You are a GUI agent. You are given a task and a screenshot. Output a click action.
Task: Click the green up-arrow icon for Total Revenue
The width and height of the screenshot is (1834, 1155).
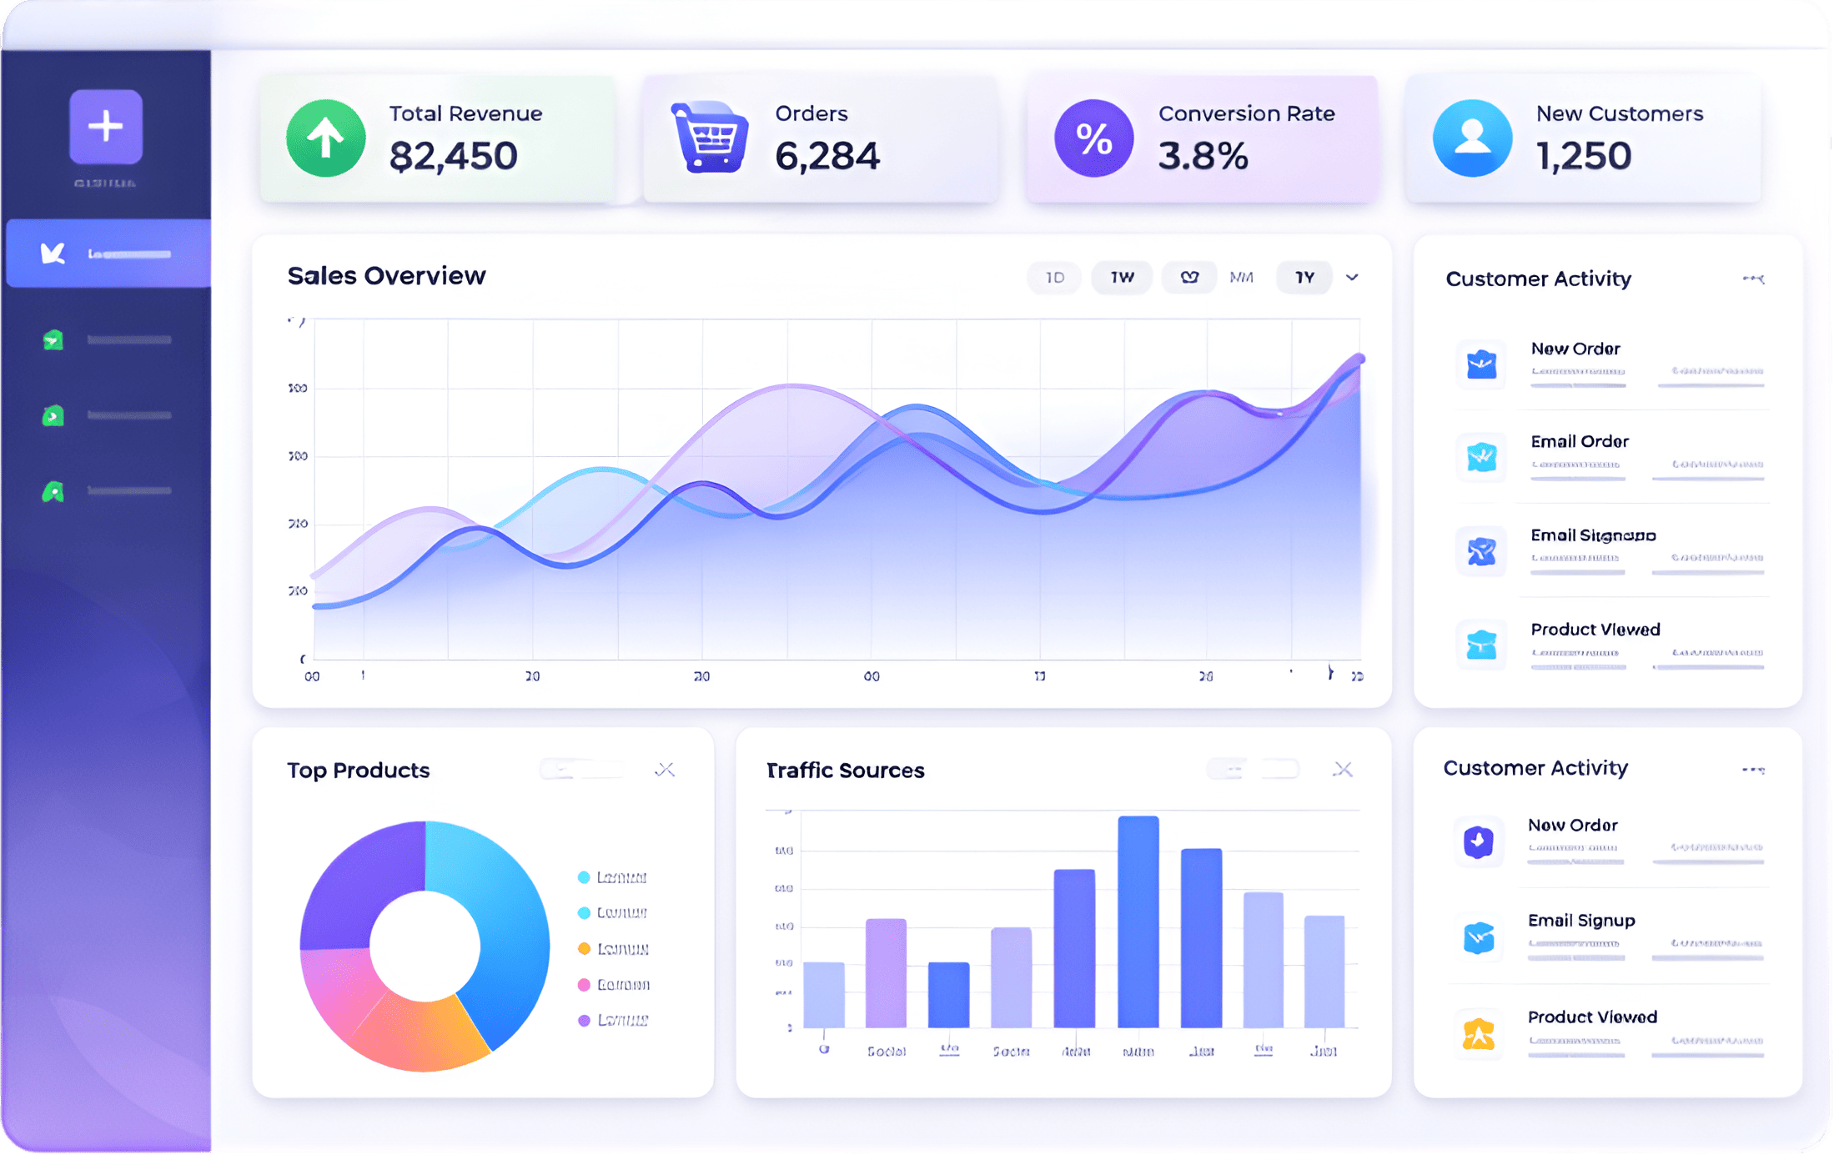click(325, 138)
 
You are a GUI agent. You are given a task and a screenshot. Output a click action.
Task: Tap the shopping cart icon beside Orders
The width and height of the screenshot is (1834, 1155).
click(710, 138)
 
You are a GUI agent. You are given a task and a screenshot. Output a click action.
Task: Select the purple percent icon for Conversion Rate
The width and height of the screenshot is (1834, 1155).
click(1093, 138)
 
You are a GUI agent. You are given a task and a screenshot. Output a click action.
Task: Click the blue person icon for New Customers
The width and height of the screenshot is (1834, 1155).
click(1472, 138)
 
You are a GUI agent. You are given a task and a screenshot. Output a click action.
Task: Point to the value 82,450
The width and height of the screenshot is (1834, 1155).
click(453, 156)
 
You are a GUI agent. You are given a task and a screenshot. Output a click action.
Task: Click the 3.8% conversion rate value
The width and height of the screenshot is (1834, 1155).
click(1203, 156)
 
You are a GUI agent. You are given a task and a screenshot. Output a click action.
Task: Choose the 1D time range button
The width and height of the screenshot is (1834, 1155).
click(1055, 278)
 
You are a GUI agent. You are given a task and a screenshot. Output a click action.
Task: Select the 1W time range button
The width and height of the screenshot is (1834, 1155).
click(1122, 278)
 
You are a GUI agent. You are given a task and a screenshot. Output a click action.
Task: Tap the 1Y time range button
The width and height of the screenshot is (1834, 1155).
click(1304, 278)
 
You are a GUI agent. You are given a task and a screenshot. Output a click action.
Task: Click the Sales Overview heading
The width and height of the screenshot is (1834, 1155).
click(386, 276)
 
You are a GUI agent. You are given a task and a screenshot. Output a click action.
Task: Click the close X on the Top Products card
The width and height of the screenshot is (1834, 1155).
click(665, 770)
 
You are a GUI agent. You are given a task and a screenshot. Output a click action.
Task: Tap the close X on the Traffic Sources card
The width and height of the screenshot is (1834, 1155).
click(1342, 770)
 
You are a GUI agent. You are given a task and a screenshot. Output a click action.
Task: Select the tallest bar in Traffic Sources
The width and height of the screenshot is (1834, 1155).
click(1138, 921)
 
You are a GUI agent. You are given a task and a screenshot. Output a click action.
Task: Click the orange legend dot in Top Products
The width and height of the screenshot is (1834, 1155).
click(584, 949)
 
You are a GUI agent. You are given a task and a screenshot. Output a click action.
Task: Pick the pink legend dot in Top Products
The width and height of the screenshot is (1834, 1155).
click(584, 985)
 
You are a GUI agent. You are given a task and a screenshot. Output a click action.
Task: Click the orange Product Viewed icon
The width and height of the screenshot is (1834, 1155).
click(1478, 1034)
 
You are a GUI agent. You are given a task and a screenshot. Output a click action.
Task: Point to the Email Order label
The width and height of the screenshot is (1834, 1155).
click(1579, 442)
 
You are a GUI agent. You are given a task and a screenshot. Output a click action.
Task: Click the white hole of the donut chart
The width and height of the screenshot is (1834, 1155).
click(425, 946)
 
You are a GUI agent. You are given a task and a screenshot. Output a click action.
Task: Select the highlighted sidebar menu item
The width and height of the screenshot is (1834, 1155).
click(108, 254)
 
